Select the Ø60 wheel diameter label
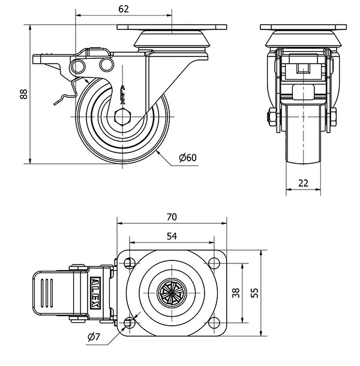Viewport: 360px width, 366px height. [x=188, y=158]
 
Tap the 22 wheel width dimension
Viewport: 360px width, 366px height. [x=303, y=183]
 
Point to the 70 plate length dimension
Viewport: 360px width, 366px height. [x=172, y=216]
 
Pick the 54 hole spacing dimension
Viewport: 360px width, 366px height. [x=172, y=236]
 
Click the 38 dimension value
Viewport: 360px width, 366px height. [x=236, y=293]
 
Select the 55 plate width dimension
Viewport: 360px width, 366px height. [x=255, y=293]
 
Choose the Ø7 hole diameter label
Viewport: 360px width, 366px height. [x=94, y=337]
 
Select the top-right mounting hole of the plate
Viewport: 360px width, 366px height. [x=214, y=262]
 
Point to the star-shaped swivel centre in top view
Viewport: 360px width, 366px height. [x=172, y=293]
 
